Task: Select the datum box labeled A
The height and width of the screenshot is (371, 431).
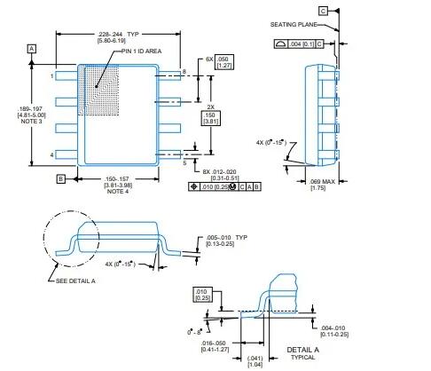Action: (x=32, y=47)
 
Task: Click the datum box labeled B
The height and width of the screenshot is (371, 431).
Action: (x=61, y=178)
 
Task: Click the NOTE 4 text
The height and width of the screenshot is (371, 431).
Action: (x=120, y=191)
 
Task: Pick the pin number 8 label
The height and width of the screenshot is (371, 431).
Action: (x=184, y=70)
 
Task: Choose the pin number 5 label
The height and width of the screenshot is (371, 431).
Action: (x=184, y=162)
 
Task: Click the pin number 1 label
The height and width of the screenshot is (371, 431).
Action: (x=52, y=76)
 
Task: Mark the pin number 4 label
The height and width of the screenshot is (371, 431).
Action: (x=52, y=155)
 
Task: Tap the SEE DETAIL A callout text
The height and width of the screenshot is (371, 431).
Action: (x=75, y=280)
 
